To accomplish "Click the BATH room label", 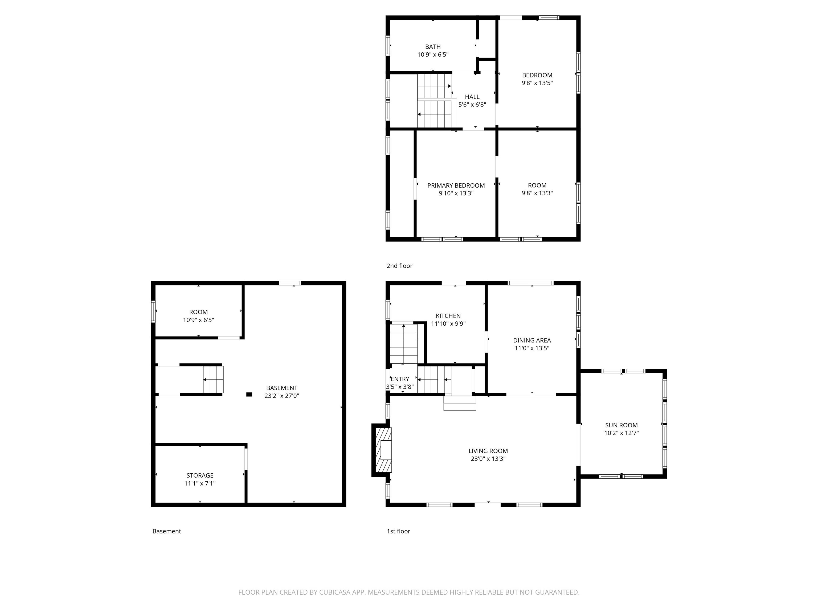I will (433, 47).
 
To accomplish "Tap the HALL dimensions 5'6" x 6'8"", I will (472, 105).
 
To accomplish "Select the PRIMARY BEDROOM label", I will (456, 185).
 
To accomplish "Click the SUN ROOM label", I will (621, 425).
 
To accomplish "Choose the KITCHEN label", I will (448, 316).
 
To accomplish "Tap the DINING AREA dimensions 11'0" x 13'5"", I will (532, 348).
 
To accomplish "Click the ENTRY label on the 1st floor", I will (400, 379).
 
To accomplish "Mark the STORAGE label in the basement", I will (200, 475).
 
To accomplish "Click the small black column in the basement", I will (249, 395).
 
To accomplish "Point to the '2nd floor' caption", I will (399, 266).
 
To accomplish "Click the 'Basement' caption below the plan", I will (166, 531).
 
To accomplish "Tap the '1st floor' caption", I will (398, 531).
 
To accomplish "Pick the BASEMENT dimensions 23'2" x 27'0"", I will (281, 396).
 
